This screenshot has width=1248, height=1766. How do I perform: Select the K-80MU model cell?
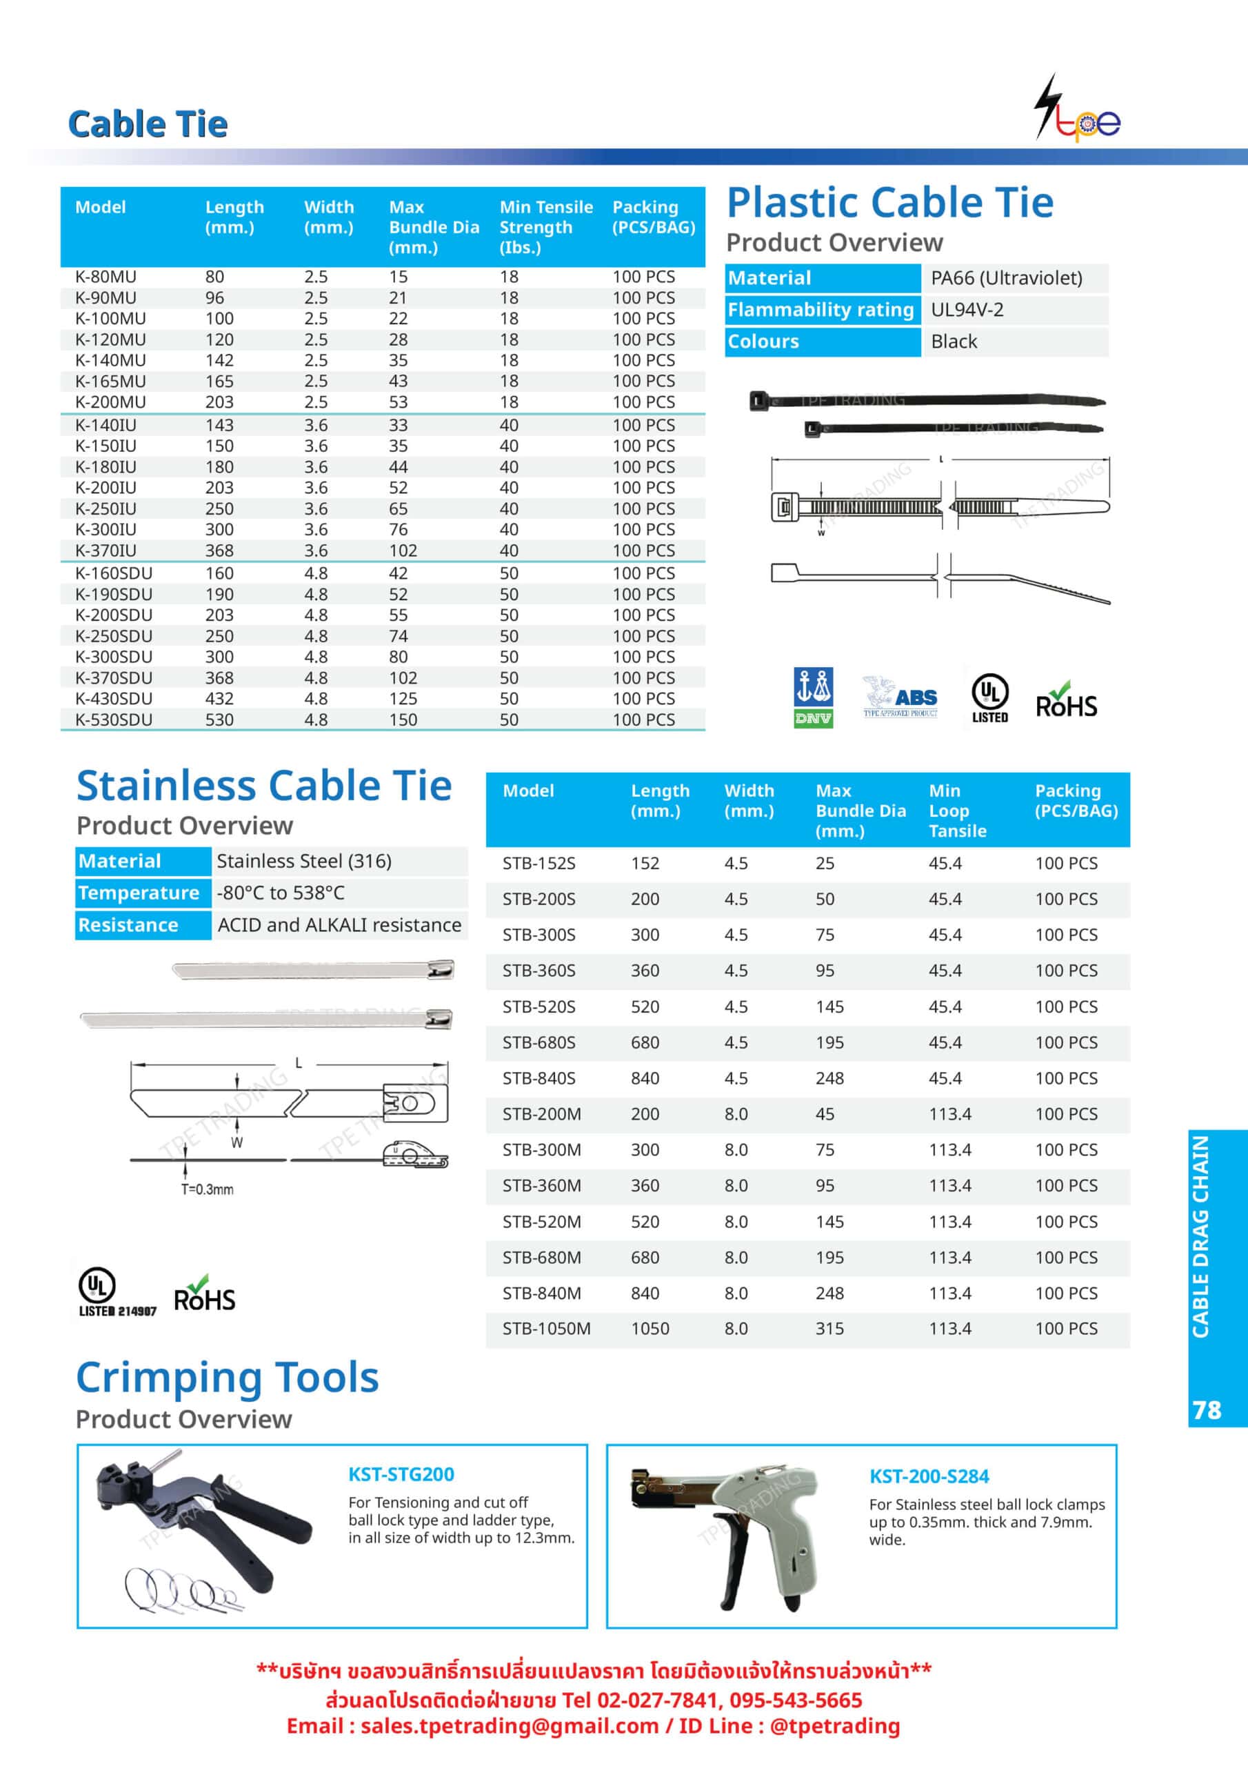(105, 277)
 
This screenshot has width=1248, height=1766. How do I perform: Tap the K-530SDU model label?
(113, 720)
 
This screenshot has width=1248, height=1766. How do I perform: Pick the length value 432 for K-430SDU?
(219, 698)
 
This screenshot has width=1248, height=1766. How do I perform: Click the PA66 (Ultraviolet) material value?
(1006, 278)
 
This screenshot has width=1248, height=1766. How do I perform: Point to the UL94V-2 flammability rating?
(967, 310)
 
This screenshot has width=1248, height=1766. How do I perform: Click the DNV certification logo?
(813, 697)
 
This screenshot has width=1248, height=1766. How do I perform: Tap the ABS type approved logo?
(900, 698)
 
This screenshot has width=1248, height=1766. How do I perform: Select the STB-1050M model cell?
(546, 1329)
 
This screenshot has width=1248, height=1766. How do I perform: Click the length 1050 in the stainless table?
(650, 1329)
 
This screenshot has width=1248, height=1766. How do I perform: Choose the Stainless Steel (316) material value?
(304, 862)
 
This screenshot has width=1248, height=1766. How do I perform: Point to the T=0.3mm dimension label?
(207, 1189)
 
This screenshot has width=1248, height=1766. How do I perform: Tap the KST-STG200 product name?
(401, 1474)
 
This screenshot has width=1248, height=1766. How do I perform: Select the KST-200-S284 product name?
(929, 1477)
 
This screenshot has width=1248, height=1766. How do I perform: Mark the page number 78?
(1207, 1411)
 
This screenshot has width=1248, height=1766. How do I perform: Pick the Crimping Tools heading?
(227, 1378)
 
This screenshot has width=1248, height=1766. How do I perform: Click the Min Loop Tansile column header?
(956, 811)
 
